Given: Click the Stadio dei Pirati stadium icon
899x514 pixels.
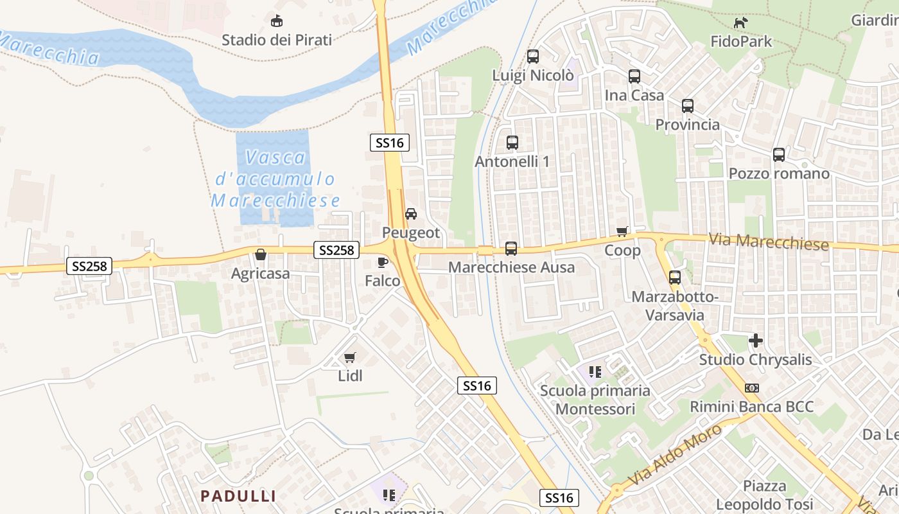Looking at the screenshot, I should pyautogui.click(x=277, y=21).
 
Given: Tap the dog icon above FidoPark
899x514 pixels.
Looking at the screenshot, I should pyautogui.click(x=741, y=23).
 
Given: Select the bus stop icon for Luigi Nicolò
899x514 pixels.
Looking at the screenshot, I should pyautogui.click(x=533, y=57).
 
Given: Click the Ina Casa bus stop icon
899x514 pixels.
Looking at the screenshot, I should pyautogui.click(x=634, y=76).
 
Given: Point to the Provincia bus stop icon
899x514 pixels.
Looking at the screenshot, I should pyautogui.click(x=688, y=105).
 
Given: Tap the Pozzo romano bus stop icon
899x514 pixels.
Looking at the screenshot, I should pyautogui.click(x=779, y=154).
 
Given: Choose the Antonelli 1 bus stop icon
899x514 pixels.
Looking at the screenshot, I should pyautogui.click(x=512, y=143).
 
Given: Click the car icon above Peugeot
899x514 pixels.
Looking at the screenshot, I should pyautogui.click(x=411, y=213).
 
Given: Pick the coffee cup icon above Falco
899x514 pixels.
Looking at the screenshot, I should pyautogui.click(x=383, y=262).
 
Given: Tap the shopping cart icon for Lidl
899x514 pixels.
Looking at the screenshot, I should pyautogui.click(x=350, y=357).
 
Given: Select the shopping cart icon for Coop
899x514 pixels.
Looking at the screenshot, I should pyautogui.click(x=622, y=231).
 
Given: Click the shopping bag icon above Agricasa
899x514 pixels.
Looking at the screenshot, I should pyautogui.click(x=261, y=254).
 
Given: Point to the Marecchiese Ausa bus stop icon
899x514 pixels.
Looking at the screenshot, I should pyautogui.click(x=511, y=248).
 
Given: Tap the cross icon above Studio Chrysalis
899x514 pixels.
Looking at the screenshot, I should pyautogui.click(x=756, y=341).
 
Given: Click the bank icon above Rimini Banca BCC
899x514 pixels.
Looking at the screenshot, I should pyautogui.click(x=752, y=388).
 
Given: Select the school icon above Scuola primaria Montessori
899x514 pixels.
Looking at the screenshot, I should pyautogui.click(x=595, y=371).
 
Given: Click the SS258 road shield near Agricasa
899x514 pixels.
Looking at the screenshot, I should pyautogui.click(x=89, y=265).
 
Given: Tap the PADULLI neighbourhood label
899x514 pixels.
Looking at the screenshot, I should pyautogui.click(x=238, y=496).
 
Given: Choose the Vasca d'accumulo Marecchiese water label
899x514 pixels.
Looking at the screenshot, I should pyautogui.click(x=275, y=179).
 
